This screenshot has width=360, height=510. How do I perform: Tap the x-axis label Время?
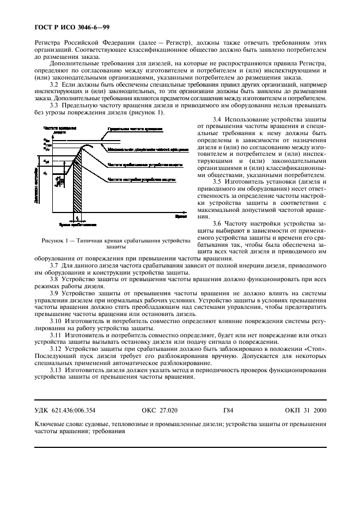[x=181, y=216]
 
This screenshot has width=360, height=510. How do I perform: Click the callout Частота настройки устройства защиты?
[x=141, y=179]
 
